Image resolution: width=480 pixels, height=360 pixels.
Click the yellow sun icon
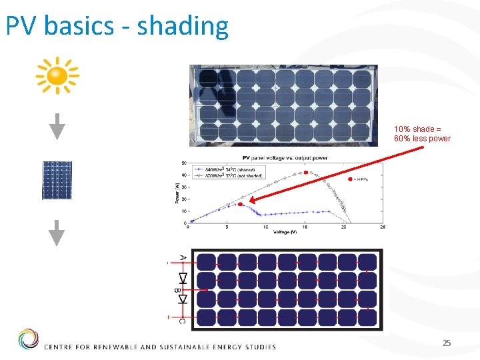tap(57, 75)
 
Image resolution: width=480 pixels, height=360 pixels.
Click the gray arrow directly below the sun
tap(58, 126)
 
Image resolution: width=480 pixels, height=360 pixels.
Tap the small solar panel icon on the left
tap(57, 180)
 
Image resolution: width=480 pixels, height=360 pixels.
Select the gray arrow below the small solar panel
tap(58, 233)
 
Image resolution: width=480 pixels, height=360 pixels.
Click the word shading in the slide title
tap(183, 27)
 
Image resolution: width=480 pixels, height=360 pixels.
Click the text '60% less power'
tap(422, 139)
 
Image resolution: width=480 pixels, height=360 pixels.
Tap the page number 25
tap(447, 343)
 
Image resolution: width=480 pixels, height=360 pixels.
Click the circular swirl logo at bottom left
tap(28, 339)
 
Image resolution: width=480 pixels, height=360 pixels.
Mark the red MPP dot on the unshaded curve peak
tap(306, 173)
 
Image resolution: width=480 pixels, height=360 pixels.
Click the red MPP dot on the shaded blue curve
tap(241, 204)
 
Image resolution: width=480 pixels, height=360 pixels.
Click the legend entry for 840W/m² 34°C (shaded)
tap(226, 169)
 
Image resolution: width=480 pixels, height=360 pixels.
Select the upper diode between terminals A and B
tap(183, 278)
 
